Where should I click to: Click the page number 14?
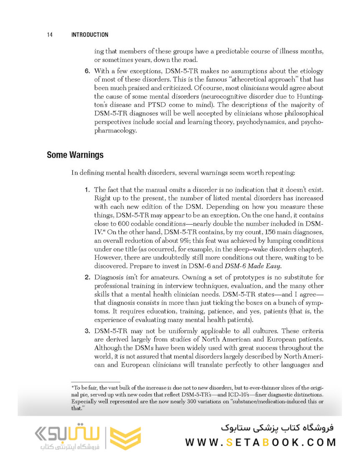click(x=49, y=35)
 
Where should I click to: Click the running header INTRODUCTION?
click(x=90, y=35)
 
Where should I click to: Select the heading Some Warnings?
click(x=75, y=155)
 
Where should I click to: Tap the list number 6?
click(x=87, y=71)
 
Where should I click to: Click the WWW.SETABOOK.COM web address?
click(x=260, y=442)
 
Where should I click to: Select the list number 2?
click(x=87, y=277)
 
